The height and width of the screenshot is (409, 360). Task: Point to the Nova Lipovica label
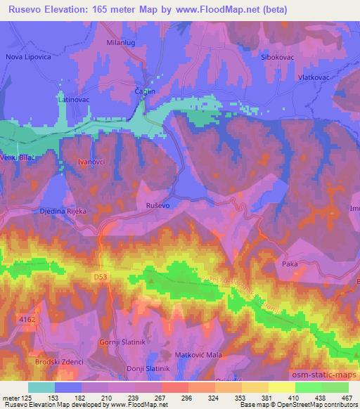(28, 56)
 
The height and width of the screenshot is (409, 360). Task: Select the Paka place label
(289, 265)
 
